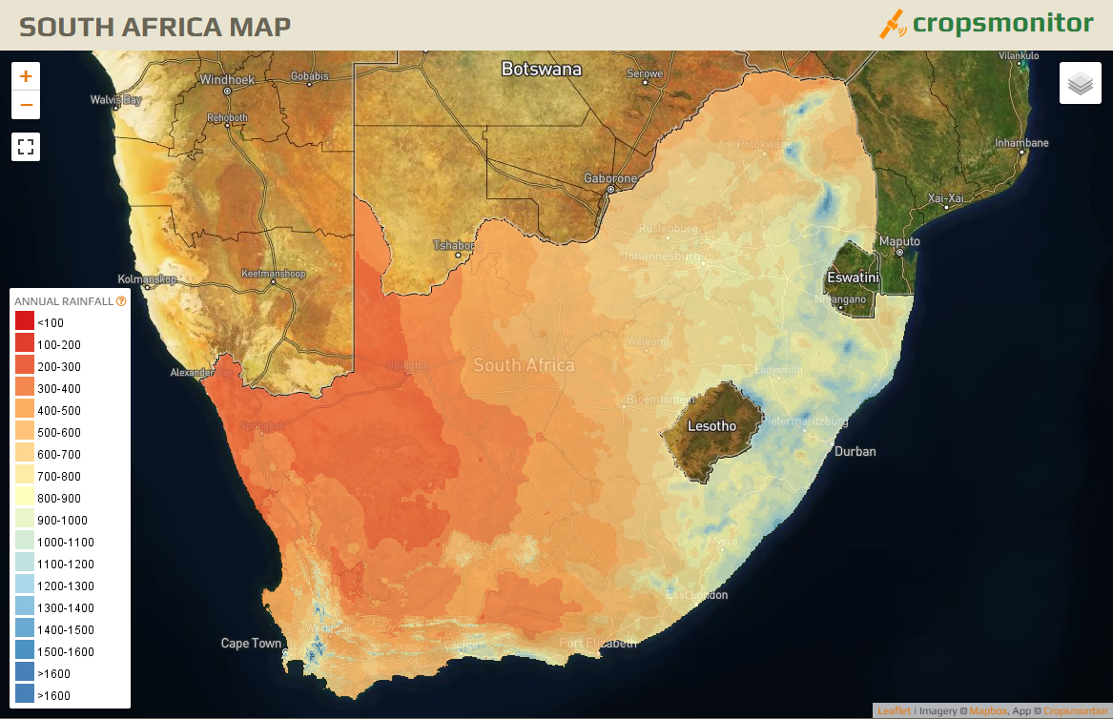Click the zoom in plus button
(26, 76)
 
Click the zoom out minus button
(26, 105)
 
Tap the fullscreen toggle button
(26, 147)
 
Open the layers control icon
(1080, 84)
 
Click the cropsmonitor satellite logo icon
(892, 24)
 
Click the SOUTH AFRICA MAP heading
(155, 26)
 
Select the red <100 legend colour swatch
(25, 322)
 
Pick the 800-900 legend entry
(59, 499)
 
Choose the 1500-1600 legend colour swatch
(25, 651)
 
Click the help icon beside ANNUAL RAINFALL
(121, 300)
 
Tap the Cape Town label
(251, 644)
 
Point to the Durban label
(855, 451)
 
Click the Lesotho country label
(712, 425)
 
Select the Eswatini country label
(852, 277)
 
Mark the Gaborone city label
(610, 178)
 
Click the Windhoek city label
(227, 80)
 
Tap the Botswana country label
(541, 70)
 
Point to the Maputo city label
(899, 241)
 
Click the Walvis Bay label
(115, 99)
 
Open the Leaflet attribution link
(894, 711)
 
